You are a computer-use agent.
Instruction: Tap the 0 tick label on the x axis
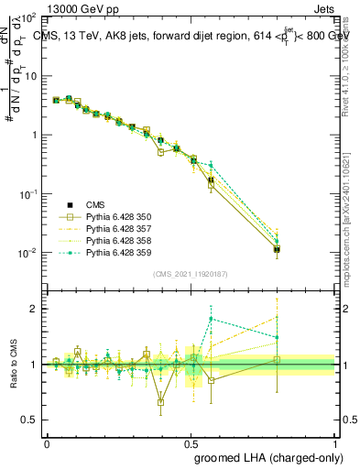[47, 442]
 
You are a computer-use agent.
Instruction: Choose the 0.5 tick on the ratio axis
[29, 420]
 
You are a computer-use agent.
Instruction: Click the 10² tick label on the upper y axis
[29, 18]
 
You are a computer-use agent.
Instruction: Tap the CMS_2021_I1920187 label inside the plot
[190, 273]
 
